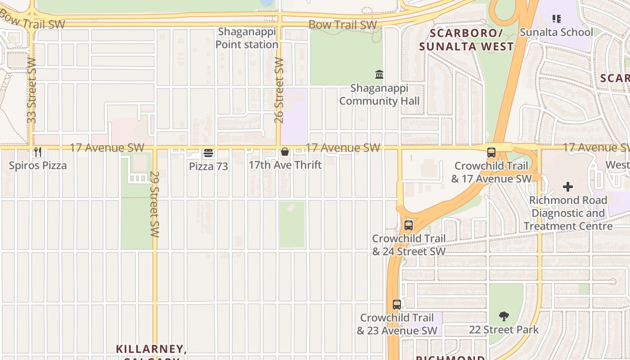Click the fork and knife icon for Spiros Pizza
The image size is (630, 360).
click(38, 153)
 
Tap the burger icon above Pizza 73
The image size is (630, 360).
click(208, 153)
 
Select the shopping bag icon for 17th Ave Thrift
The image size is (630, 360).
click(285, 152)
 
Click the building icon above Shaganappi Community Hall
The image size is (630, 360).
click(379, 74)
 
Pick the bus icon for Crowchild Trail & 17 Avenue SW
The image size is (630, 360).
click(491, 153)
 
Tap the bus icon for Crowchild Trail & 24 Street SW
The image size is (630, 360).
click(409, 225)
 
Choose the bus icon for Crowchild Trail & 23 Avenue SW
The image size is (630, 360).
click(396, 305)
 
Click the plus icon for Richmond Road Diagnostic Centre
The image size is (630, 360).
click(568, 186)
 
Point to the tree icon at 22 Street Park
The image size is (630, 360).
click(504, 316)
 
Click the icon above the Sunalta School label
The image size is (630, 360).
click(557, 19)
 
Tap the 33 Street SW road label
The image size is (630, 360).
click(31, 90)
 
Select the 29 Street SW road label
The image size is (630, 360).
click(155, 204)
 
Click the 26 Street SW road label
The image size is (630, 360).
click(279, 90)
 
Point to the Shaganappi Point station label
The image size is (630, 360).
click(247, 38)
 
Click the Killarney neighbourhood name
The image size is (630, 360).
click(151, 349)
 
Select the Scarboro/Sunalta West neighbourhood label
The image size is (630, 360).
click(466, 40)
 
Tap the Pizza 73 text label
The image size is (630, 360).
click(208, 166)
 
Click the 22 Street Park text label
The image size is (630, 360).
click(504, 330)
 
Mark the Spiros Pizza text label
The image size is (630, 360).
click(38, 166)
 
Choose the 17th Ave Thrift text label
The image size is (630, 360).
click(285, 165)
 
